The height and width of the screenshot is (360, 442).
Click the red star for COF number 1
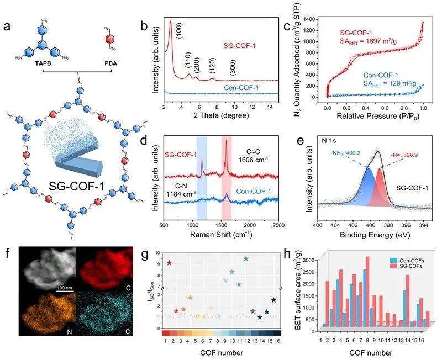(169, 263)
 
